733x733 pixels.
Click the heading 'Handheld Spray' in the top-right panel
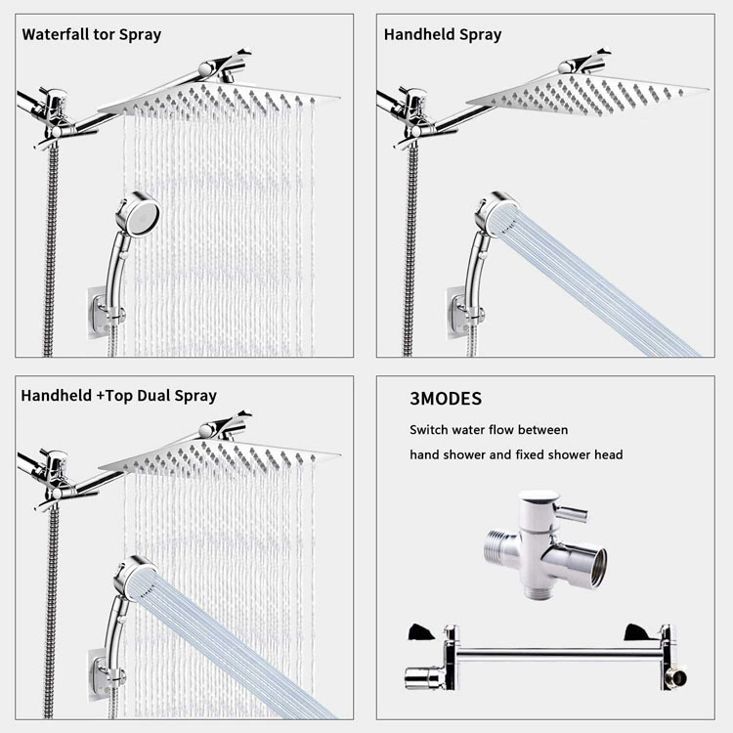point(443,34)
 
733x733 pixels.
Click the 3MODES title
point(446,399)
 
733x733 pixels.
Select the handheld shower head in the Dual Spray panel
point(134,579)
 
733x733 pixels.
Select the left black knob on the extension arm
point(421,632)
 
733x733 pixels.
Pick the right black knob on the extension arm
point(637,632)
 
